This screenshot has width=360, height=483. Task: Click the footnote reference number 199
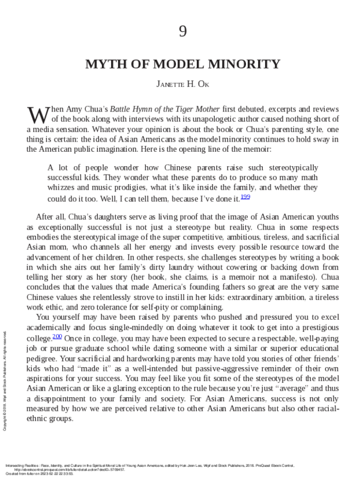pos(244,196)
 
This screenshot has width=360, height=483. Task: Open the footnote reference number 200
pos(57,337)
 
